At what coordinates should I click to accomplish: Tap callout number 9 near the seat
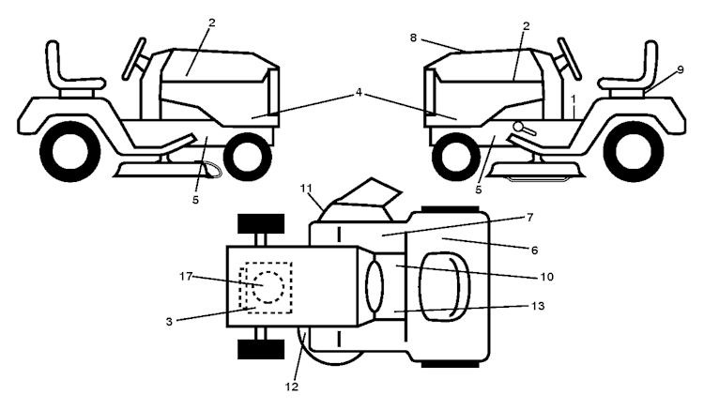(680, 69)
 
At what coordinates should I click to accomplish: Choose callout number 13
(537, 306)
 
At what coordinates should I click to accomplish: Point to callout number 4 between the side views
(359, 95)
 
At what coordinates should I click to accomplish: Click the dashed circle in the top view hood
(268, 284)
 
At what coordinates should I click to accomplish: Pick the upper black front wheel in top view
(260, 224)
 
